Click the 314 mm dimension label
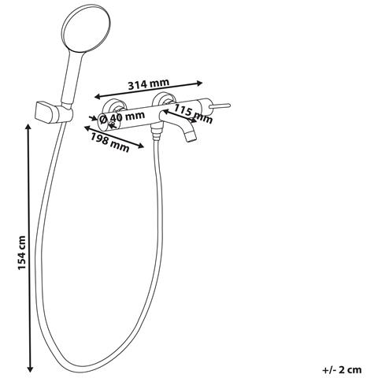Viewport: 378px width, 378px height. [x=149, y=84]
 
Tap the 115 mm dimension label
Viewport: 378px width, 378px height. [x=194, y=113]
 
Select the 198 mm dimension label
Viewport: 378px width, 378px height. [x=110, y=143]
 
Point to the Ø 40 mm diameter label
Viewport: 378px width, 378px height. [x=122, y=117]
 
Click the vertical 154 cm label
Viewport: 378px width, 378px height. [x=22, y=253]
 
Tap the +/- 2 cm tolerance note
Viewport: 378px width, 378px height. [x=342, y=370]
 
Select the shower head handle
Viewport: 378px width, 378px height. [x=72, y=79]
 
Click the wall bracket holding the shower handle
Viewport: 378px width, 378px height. [x=54, y=112]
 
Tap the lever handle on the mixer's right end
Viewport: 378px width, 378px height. [x=220, y=106]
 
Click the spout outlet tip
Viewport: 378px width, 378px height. [x=191, y=137]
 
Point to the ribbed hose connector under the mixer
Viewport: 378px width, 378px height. [x=157, y=132]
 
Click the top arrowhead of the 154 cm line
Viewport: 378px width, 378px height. [x=28, y=127]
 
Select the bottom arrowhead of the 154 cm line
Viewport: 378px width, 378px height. [x=30, y=369]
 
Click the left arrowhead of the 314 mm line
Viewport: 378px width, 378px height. [x=98, y=97]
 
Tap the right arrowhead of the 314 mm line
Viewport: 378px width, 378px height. [x=199, y=83]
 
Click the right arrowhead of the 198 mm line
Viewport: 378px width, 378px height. [x=141, y=146]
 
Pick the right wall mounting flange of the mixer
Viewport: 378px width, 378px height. [x=163, y=100]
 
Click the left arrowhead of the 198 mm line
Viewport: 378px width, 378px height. [x=87, y=128]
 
